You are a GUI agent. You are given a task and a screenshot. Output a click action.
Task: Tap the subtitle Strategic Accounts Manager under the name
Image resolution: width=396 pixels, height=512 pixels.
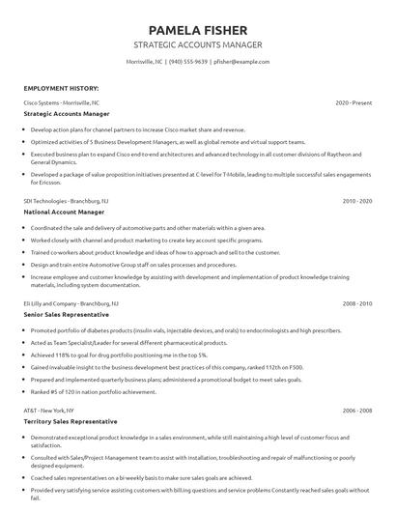198,44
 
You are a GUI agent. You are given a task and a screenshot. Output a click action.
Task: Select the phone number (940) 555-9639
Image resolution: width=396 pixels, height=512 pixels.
188,62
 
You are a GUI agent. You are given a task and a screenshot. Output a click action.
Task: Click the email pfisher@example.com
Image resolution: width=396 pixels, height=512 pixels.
241,62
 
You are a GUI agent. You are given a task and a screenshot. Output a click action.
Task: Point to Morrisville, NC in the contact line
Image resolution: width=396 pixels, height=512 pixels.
145,62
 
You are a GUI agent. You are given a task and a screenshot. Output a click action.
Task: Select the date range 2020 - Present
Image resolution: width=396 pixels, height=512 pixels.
354,101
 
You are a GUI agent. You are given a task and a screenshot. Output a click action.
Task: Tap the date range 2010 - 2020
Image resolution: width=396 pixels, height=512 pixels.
357,201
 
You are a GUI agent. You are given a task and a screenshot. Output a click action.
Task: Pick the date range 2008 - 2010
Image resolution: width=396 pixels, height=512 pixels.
357,303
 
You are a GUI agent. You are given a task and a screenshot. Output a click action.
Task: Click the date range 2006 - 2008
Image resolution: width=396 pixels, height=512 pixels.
357,411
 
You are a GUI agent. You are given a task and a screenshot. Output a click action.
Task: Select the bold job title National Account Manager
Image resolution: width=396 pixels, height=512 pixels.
65,213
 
